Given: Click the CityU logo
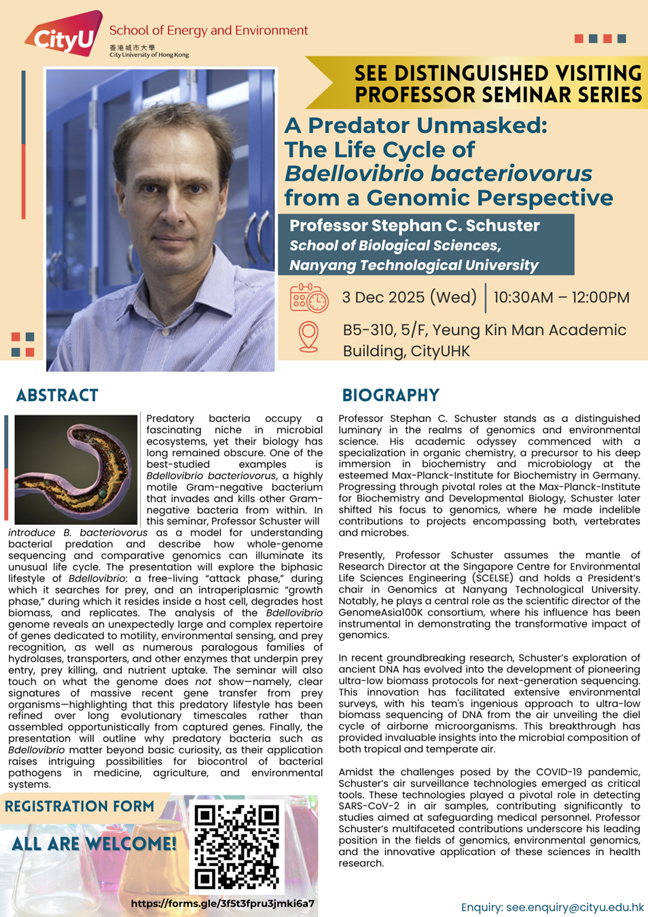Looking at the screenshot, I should tap(64, 35).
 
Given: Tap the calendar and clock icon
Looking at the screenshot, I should tap(309, 298).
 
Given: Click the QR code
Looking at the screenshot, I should tap(236, 847).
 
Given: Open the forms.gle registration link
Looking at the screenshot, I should tap(223, 903).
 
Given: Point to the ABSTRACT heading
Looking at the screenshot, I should tap(57, 395).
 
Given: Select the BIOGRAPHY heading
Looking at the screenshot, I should tap(391, 395).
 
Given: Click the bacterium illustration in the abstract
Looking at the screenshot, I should tap(76, 469).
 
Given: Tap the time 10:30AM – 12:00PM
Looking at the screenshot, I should tap(561, 297).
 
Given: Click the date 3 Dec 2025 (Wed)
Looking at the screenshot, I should tap(409, 297).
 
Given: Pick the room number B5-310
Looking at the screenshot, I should tap(367, 330).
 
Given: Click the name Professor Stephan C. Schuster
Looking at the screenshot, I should tap(414, 225).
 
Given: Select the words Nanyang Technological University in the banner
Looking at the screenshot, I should tap(414, 264).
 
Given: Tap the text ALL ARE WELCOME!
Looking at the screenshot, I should tap(94, 844).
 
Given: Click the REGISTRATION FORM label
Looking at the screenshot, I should tap(79, 806).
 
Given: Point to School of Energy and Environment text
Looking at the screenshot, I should tap(209, 30).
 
